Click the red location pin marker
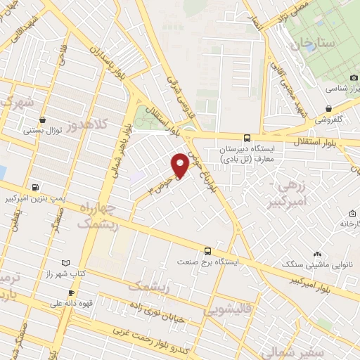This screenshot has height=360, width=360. [x=180, y=165]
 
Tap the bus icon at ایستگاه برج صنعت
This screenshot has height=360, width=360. [x=207, y=251]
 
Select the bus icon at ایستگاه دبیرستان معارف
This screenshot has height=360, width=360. [x=247, y=139]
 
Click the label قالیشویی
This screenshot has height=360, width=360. [x=225, y=310]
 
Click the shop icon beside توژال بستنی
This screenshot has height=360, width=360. [x=44, y=119]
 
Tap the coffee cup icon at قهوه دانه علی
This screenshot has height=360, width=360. [x=71, y=293]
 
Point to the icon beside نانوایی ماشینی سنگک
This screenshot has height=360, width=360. [x=318, y=254]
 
